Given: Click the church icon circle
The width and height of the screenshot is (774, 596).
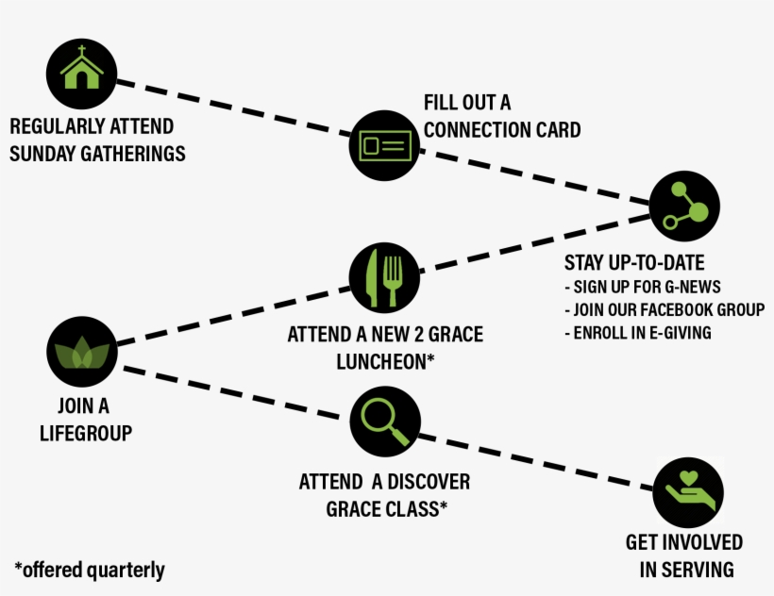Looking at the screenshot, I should click(x=81, y=75).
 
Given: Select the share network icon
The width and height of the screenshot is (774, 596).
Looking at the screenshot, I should click(x=685, y=207).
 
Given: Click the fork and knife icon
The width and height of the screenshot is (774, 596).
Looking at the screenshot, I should click(x=384, y=277).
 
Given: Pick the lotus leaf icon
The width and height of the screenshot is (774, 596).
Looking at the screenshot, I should click(x=81, y=354).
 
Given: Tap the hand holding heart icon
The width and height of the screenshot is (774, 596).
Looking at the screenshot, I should click(x=688, y=491).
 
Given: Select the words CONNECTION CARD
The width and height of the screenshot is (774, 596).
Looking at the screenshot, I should click(x=501, y=129).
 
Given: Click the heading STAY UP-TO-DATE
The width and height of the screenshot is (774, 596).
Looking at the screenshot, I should click(x=634, y=262).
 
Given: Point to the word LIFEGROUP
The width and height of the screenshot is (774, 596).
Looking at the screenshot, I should click(x=85, y=432).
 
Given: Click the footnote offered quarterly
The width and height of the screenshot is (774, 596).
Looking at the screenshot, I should click(x=90, y=570).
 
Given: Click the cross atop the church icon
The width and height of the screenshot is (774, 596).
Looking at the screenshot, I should click(x=81, y=51).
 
